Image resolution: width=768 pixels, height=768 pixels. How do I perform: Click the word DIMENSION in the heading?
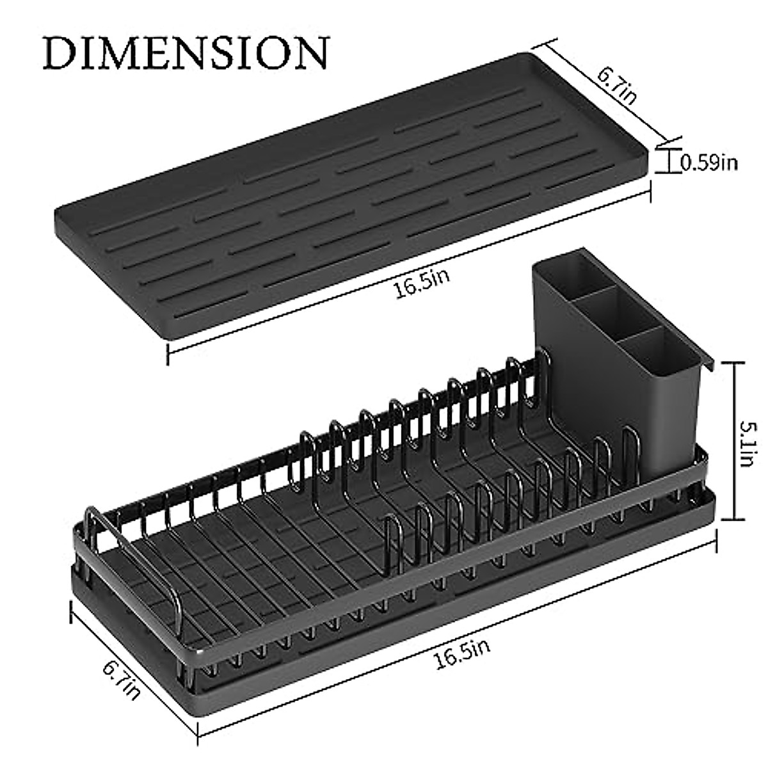coord(186,52)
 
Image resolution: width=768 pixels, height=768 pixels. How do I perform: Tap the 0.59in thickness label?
coord(708,163)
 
